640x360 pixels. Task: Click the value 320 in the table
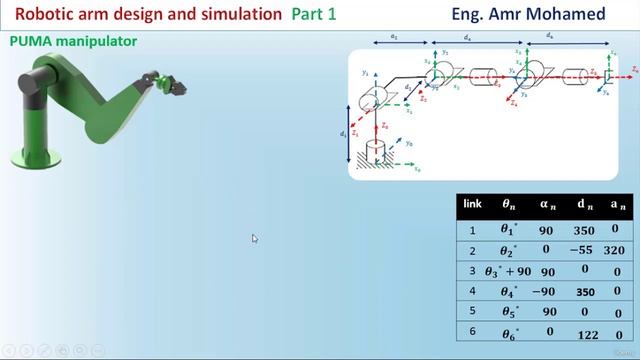[614, 251]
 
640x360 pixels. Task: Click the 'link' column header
[473, 204]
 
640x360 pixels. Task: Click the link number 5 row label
[473, 313]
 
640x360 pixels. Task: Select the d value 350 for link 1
[584, 230]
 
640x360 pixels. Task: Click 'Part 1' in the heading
[314, 14]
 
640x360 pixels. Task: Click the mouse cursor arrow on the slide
[255, 239]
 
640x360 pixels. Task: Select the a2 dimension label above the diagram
[393, 37]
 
